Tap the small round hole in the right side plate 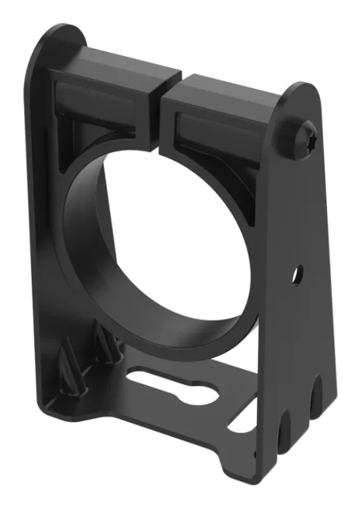click(x=295, y=275)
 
